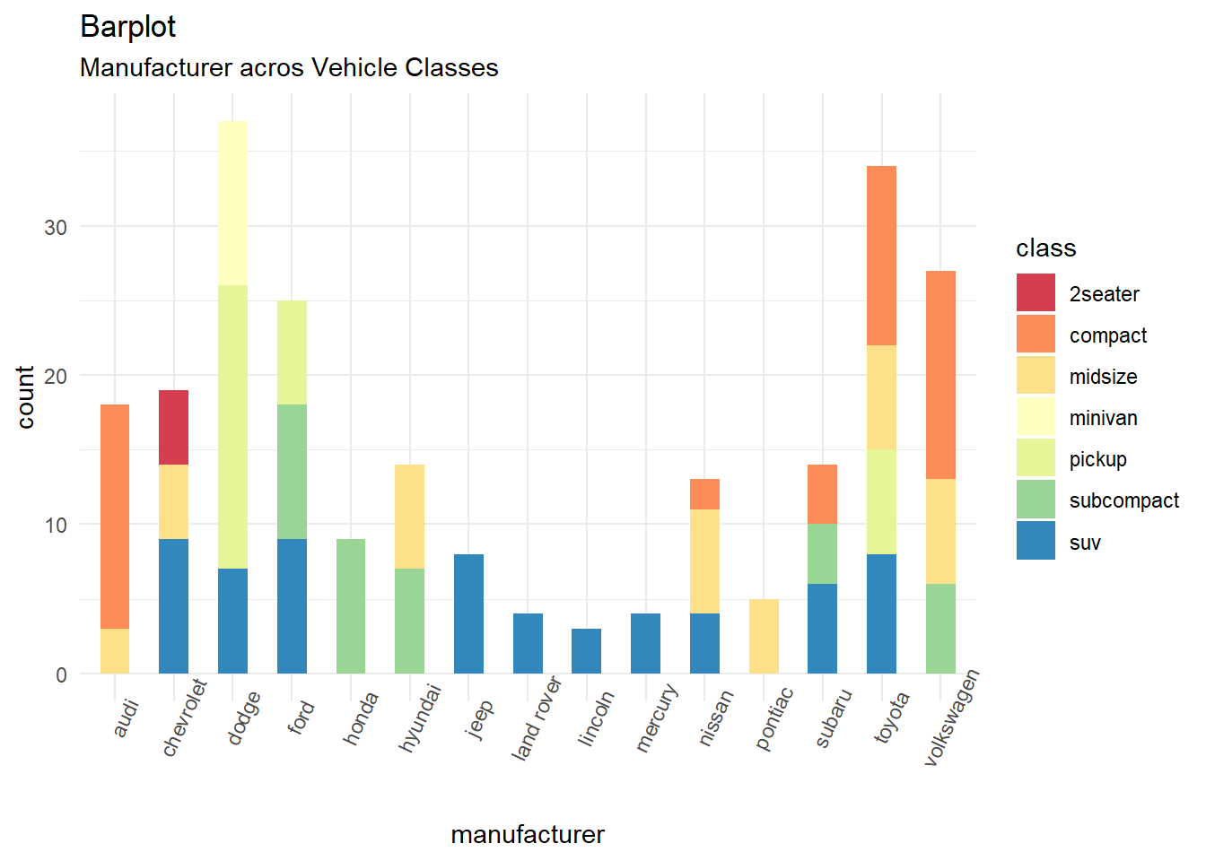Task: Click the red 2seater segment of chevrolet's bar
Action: tap(173, 427)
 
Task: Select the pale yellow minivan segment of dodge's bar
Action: tap(232, 203)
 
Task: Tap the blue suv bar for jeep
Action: tap(468, 613)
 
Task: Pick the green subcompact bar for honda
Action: tap(351, 606)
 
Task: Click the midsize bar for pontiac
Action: tap(764, 636)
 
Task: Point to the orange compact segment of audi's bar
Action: tap(115, 517)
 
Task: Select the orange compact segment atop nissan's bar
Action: tap(704, 494)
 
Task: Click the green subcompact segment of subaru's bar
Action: tap(822, 553)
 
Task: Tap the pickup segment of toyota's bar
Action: tap(881, 501)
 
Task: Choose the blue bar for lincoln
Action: tap(587, 651)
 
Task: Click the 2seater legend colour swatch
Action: tap(1036, 293)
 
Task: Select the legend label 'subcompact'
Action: tap(1123, 500)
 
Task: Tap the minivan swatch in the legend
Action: tap(1036, 418)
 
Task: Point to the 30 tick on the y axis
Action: tap(56, 227)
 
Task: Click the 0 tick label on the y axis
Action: tap(61, 674)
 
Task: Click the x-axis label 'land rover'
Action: tap(536, 719)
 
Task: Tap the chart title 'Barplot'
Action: tap(127, 27)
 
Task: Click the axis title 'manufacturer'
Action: tap(528, 835)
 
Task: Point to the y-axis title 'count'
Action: tap(25, 397)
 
